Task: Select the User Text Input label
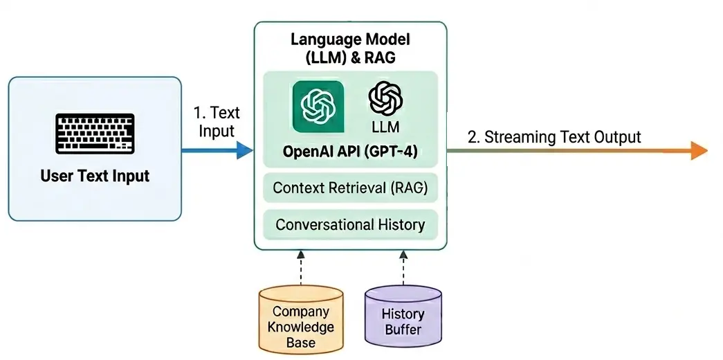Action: (95, 176)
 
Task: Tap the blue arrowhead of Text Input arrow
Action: (244, 149)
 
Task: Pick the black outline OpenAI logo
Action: (386, 98)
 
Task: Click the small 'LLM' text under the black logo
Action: (386, 127)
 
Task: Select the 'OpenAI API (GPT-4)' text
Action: (350, 152)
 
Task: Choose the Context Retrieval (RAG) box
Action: (350, 188)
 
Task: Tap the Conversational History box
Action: (350, 224)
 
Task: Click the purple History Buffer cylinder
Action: (403, 316)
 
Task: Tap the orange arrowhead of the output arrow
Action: (698, 150)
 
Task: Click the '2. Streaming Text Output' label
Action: (554, 136)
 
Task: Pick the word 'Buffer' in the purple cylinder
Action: (403, 329)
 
